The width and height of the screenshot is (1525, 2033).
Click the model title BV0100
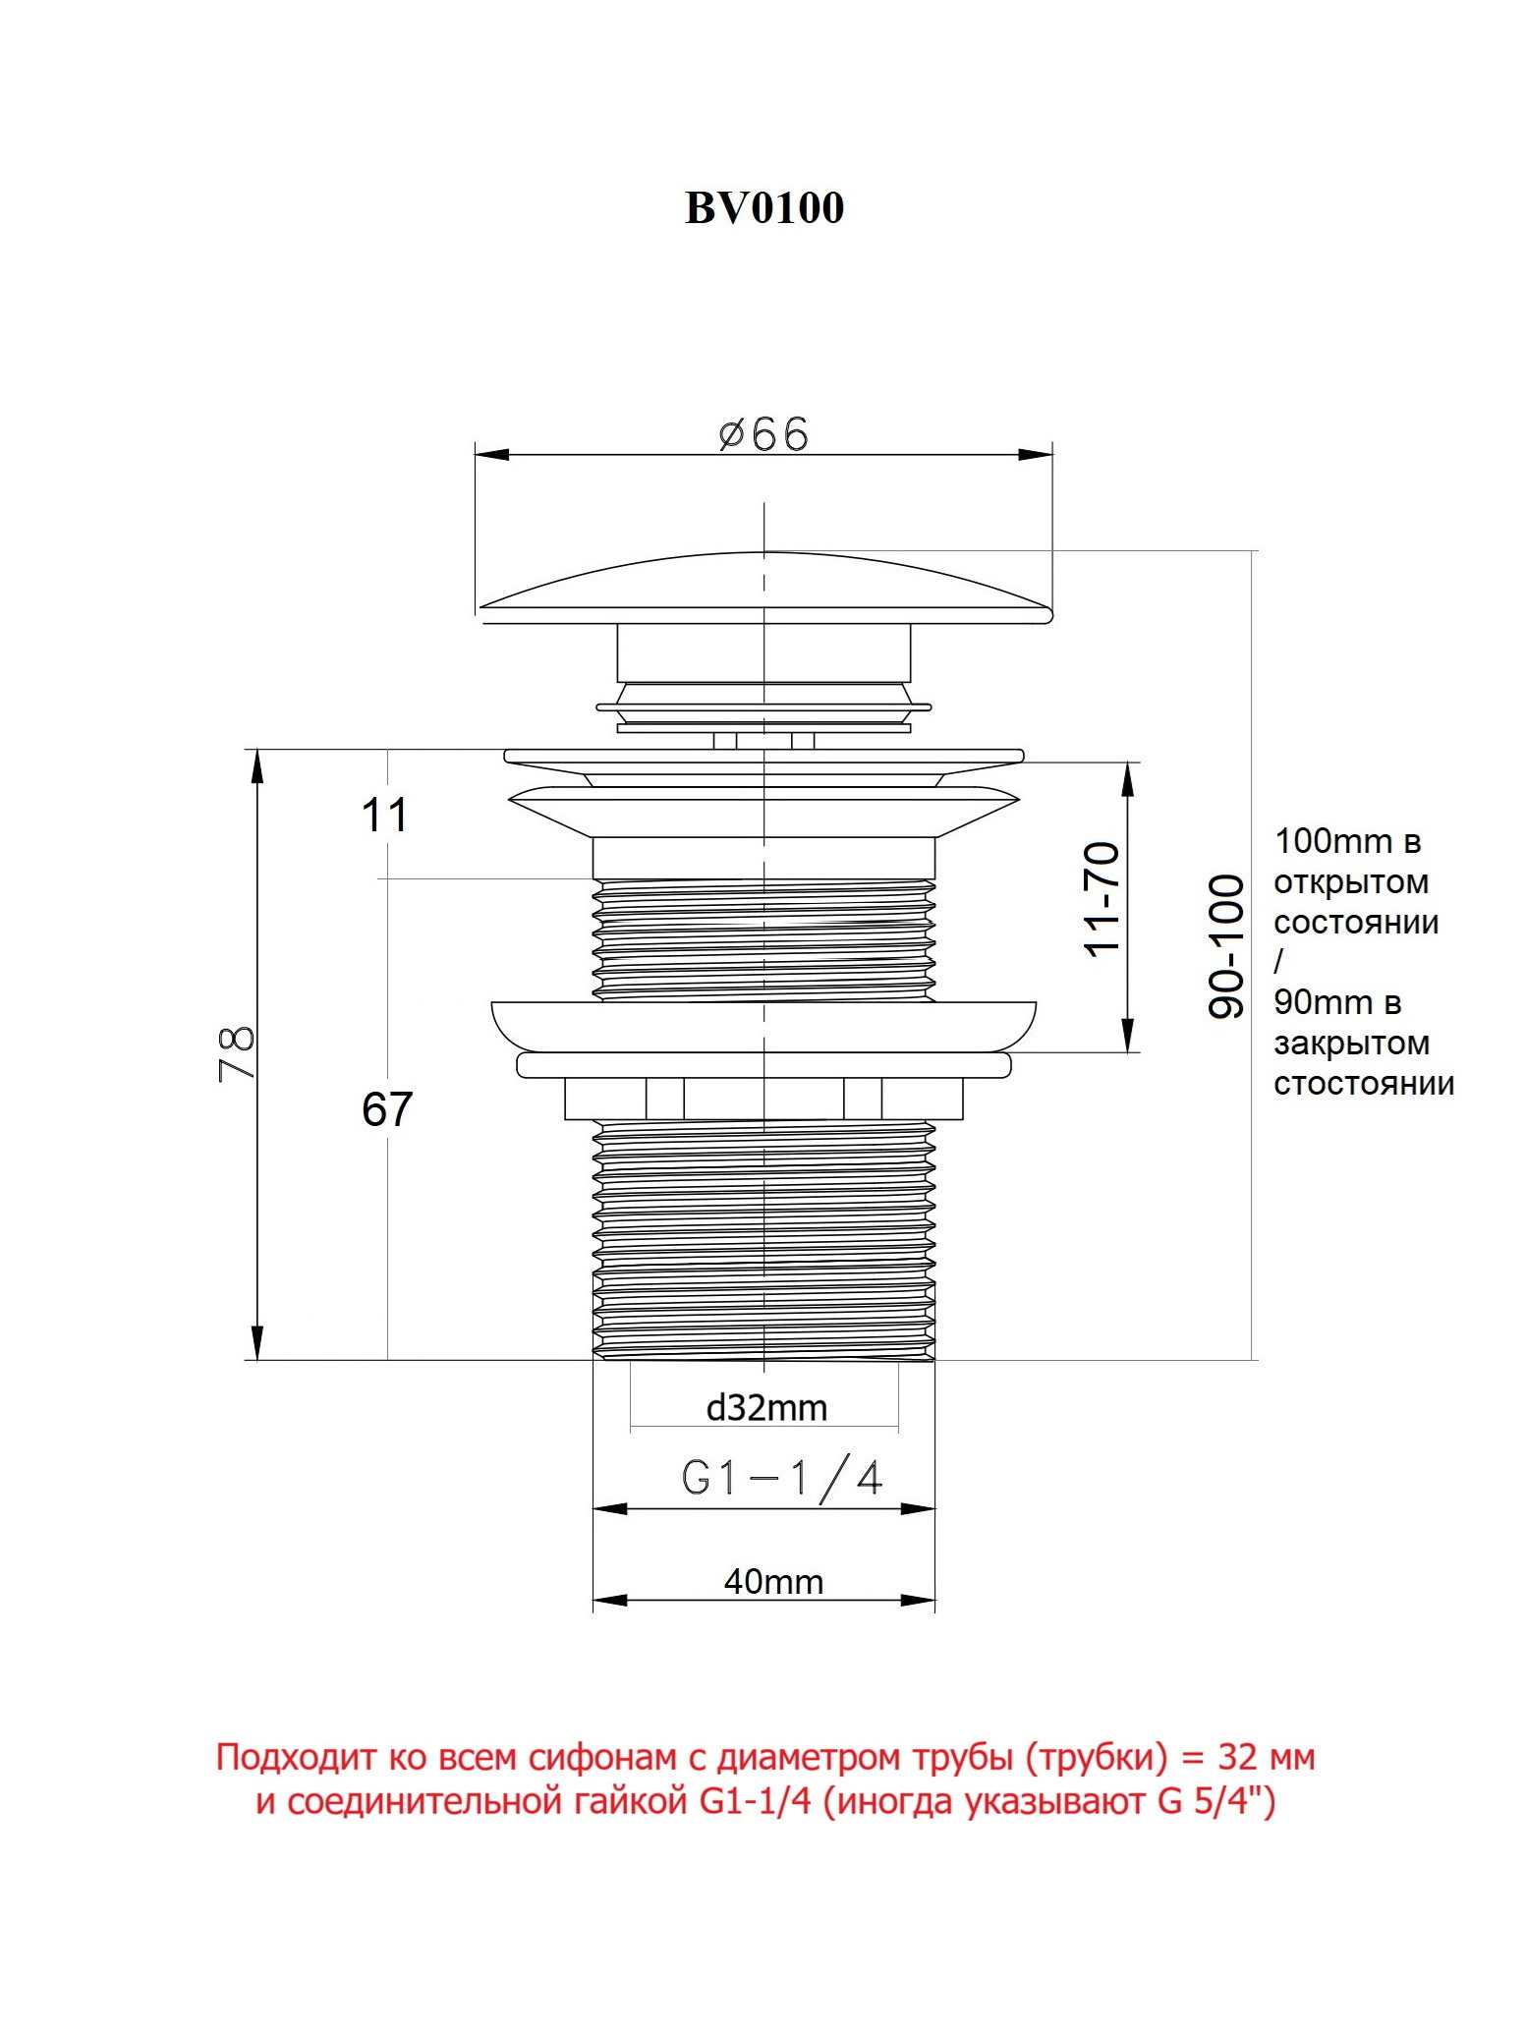763,208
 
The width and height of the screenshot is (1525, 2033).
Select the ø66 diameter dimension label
763,433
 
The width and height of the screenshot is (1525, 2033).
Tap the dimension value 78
237,1053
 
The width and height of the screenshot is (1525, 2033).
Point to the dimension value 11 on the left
384,815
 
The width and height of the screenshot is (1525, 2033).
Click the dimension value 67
386,1109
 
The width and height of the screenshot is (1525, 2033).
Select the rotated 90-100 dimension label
1225,945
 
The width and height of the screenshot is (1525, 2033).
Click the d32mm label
766,1408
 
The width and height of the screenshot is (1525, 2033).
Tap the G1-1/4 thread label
782,1478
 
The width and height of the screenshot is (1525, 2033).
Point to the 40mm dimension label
773,1581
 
